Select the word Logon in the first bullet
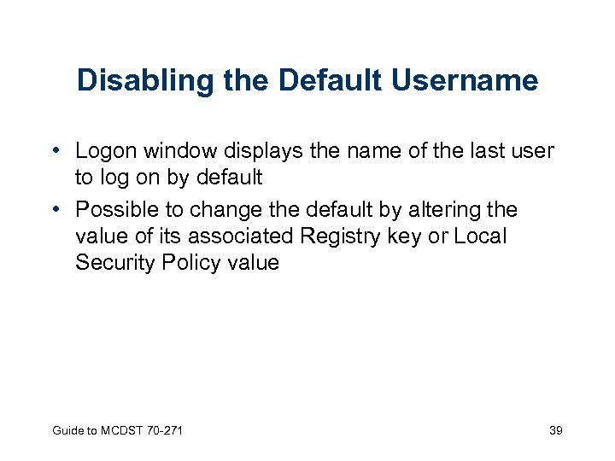point(108,152)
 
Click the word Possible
point(120,210)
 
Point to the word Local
point(480,236)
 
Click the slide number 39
point(555,430)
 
